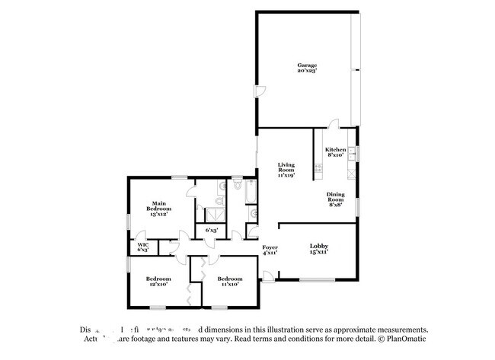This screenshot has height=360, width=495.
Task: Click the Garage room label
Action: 307,68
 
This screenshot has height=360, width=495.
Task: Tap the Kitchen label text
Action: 336,152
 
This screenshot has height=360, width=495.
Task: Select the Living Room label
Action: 286,169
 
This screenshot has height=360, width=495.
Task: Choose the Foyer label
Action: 270,250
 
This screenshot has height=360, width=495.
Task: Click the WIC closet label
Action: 142,247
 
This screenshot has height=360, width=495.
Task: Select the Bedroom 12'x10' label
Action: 158,282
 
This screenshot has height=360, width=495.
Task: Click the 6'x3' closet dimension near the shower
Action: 212,229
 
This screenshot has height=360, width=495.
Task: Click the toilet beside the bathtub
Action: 238,184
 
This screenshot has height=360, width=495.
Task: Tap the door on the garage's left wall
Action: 260,92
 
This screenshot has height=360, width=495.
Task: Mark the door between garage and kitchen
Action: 332,123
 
